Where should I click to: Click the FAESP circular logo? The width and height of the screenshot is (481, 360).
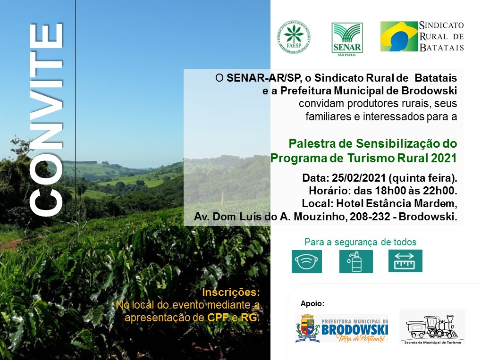point(294,37)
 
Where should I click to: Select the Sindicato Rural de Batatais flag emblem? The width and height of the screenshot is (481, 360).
point(399,36)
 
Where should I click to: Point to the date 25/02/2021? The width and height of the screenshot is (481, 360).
point(359,178)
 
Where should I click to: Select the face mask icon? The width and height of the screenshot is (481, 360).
point(307,261)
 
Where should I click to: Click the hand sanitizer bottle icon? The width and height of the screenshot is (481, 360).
point(356,261)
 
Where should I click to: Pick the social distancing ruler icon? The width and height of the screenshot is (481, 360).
point(405,261)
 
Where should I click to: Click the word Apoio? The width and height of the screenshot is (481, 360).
point(312,303)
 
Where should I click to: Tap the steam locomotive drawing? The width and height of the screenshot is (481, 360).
point(432,327)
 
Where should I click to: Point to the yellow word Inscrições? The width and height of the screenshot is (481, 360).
point(231,292)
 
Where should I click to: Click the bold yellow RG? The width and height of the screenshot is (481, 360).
point(249,318)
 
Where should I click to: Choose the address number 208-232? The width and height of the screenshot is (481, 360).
point(370,217)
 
